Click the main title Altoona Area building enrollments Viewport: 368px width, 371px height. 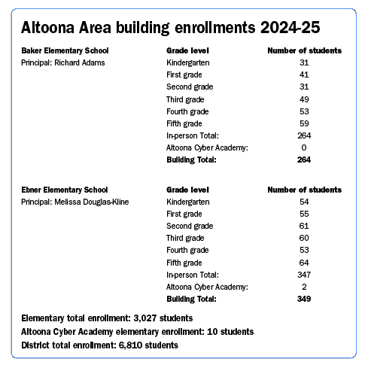tap(171, 28)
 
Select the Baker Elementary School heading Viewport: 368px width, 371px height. tap(70, 50)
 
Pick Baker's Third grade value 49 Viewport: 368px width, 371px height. tap(304, 99)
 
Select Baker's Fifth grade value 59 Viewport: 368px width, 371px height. tap(304, 123)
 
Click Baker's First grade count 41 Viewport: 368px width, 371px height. tap(304, 75)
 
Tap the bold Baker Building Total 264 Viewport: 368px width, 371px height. tap(304, 160)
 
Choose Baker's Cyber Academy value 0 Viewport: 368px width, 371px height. tap(304, 147)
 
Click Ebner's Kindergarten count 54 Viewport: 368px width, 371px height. tap(304, 202)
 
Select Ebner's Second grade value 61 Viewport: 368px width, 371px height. tap(304, 226)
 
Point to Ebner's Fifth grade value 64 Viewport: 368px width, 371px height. tap(304, 262)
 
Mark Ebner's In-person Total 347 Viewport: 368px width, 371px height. tap(304, 275)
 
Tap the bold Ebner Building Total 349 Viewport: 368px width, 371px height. tap(304, 299)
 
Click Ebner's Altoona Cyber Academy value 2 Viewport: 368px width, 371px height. tap(304, 287)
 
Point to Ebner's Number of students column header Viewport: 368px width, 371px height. tap(305, 190)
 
